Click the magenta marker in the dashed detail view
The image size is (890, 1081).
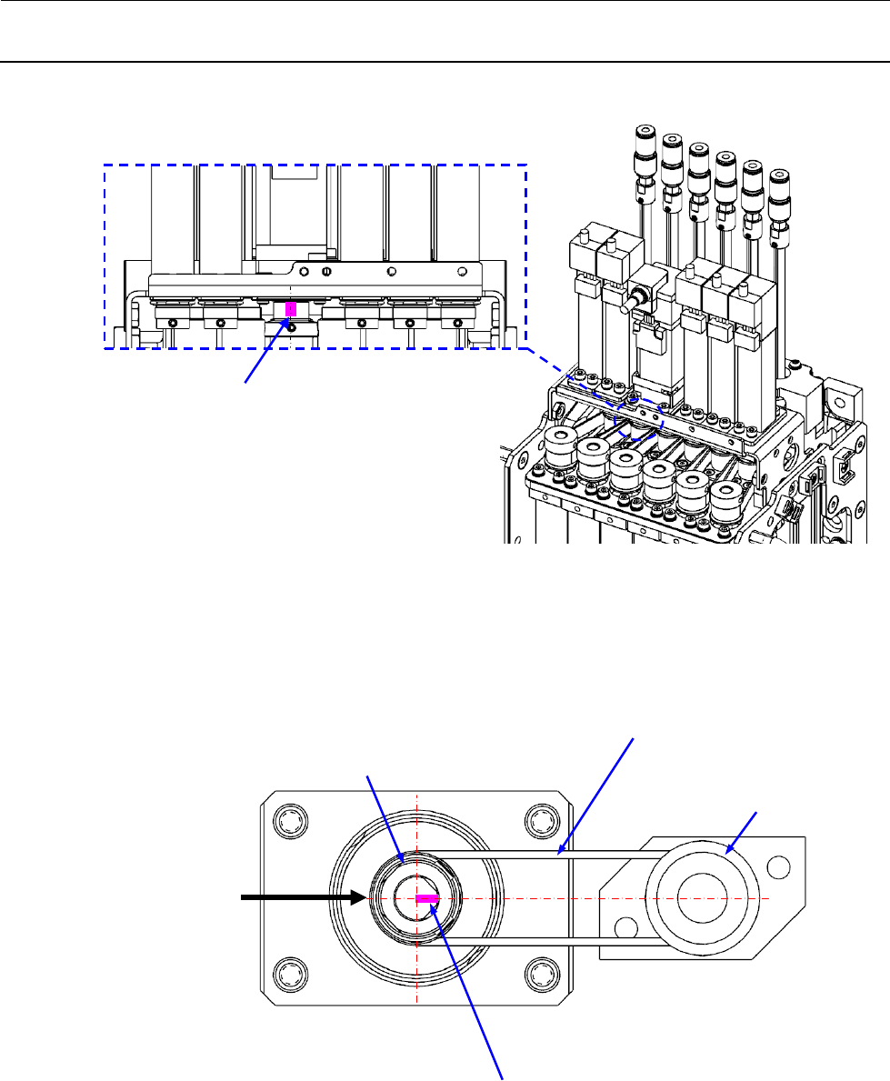(290, 309)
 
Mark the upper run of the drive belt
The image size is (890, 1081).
(545, 854)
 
